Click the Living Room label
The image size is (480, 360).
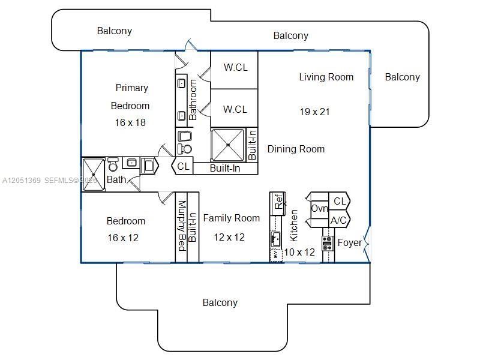point(326,77)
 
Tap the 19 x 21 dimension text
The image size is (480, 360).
point(314,112)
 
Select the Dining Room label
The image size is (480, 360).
point(296,149)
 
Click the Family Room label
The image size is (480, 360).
point(232,218)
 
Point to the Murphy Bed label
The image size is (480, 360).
point(182,226)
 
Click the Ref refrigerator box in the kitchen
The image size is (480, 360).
point(278,203)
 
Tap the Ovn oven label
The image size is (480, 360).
point(320,208)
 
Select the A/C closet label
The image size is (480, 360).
point(338,220)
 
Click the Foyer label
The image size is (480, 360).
point(350,243)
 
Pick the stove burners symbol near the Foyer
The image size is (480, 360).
point(327,244)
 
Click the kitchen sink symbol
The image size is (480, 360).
point(275,239)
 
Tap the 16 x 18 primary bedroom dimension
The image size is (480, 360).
point(130,123)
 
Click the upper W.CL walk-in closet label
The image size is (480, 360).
point(236,67)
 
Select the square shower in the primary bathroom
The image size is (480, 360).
point(228,145)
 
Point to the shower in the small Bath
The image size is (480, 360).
point(94,175)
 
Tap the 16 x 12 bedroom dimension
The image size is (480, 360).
point(123,238)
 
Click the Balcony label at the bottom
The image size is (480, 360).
point(220,303)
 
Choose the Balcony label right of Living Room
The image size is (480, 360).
point(402,77)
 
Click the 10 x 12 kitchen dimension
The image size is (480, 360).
point(299,252)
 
